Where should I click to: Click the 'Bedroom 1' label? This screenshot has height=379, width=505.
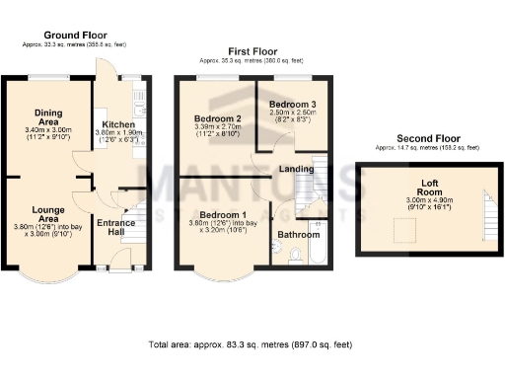click(223, 215)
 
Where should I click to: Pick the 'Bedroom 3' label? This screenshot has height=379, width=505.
click(293, 104)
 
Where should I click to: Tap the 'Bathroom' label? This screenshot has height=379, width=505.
click(297, 235)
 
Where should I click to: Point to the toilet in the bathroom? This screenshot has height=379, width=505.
click(296, 256)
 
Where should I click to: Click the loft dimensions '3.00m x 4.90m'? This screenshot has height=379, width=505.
click(427, 200)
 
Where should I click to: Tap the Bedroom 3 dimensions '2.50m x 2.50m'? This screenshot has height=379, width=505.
click(293, 113)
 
